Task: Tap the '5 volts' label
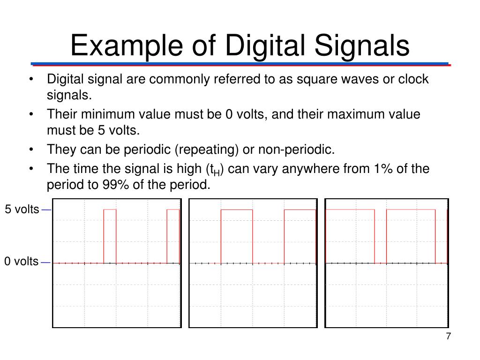coord(22,209)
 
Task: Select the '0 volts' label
coord(22,262)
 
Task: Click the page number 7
coord(448,337)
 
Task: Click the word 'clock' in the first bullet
coord(413,79)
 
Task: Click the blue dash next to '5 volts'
coord(46,210)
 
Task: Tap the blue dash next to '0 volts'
coord(45,262)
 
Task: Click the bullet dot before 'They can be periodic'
coord(31,150)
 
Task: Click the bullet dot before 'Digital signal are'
coord(31,79)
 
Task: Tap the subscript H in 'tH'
coord(217,172)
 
